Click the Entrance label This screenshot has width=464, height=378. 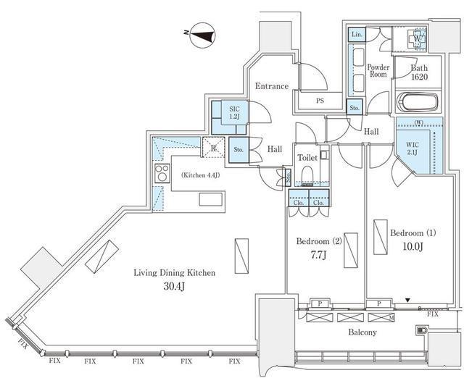pos(271,86)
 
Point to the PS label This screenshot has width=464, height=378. pos(320,102)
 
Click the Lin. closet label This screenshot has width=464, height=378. pos(357,35)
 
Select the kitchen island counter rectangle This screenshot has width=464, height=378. pos(211,200)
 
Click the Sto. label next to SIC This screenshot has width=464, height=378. pos(238,151)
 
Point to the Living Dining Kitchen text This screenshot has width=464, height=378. pos(174,273)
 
